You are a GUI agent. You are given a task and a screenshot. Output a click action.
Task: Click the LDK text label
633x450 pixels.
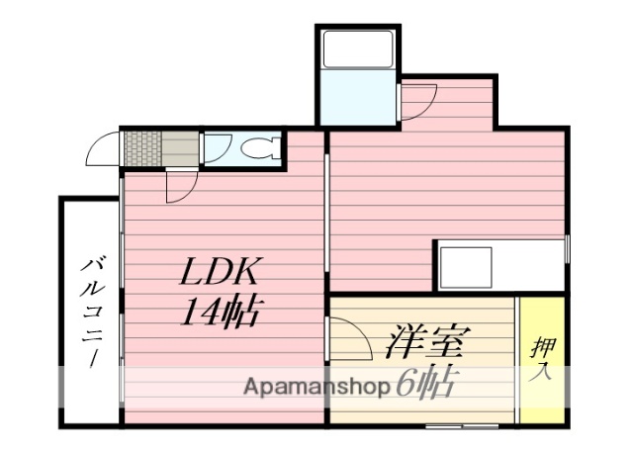pos(219,272)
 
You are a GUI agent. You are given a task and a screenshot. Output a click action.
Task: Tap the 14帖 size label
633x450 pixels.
pos(220,314)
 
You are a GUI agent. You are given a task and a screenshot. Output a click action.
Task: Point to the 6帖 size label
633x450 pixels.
pos(424,384)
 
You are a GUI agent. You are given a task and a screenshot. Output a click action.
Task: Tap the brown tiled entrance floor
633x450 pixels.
pos(140,148)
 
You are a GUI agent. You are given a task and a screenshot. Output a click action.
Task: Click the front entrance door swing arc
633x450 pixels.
pos(103,150)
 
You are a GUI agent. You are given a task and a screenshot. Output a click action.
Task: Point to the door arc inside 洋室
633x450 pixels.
pos(346,336)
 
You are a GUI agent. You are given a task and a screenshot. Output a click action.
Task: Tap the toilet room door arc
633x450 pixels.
pos(218,148)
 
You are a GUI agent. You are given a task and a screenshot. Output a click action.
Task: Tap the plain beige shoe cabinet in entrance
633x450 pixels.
pos(179,148)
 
